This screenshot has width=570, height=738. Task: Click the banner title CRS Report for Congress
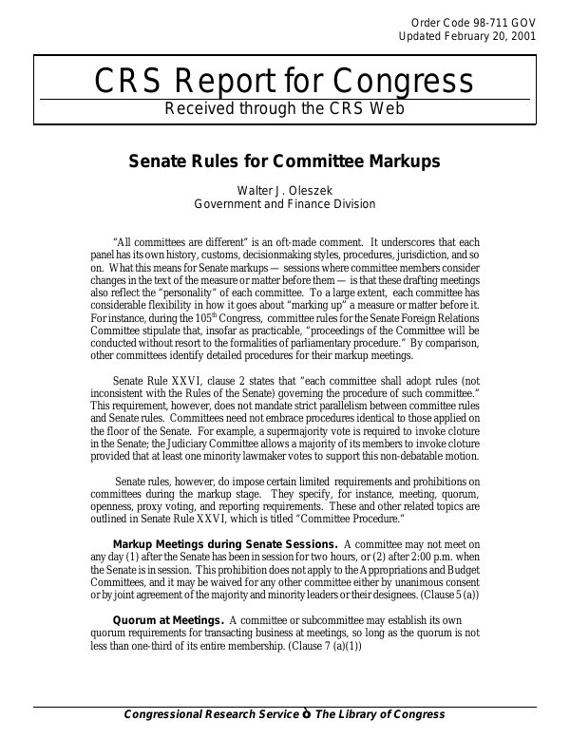coord(284,82)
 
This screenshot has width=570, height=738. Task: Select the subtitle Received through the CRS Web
coord(285,108)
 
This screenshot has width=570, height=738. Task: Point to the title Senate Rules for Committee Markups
coord(284,161)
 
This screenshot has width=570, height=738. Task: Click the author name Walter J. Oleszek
coord(284,190)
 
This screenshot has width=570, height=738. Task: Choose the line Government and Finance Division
coord(284,204)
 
